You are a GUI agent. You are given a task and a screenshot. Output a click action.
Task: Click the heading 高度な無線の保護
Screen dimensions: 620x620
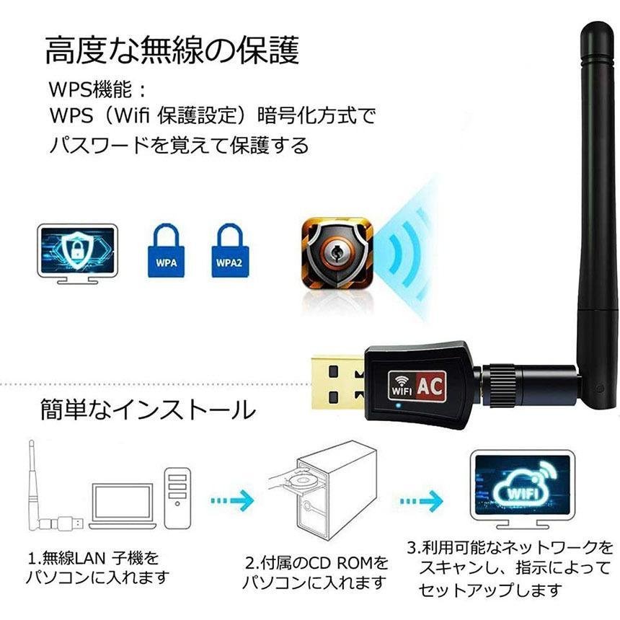172,53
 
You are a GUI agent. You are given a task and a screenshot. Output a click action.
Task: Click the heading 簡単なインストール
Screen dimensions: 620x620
147,411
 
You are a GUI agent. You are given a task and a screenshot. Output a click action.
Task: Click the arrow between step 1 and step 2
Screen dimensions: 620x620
233,498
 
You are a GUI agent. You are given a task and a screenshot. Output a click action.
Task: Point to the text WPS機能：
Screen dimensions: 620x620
97,90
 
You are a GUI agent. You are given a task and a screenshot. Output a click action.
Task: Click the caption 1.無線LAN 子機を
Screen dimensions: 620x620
93,558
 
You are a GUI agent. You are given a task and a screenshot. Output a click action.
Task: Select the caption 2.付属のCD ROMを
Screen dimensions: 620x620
316,562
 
